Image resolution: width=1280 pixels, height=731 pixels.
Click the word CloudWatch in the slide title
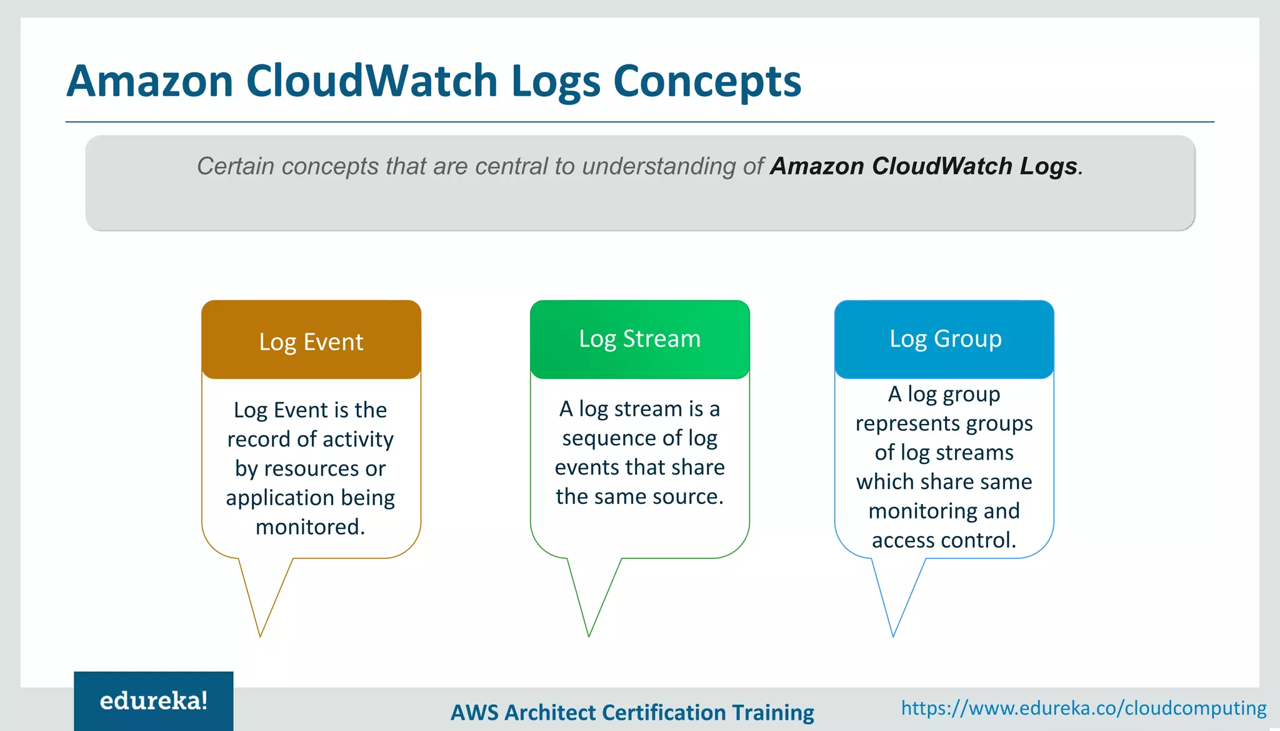pos(372,81)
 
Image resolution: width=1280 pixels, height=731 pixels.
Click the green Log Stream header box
pos(639,340)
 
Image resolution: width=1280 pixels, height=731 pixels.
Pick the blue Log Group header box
pos(944,340)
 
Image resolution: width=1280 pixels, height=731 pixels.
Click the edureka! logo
pos(154,701)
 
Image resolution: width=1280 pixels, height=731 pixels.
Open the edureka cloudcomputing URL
pos(1083,708)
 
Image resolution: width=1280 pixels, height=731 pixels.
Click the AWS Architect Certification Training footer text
pos(632,712)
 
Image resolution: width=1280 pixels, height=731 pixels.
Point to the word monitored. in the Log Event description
pos(310,527)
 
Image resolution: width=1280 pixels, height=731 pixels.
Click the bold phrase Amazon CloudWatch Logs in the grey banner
pos(923,166)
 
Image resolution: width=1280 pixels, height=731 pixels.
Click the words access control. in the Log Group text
pos(944,540)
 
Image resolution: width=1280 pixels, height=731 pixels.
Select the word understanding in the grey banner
pos(659,166)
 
